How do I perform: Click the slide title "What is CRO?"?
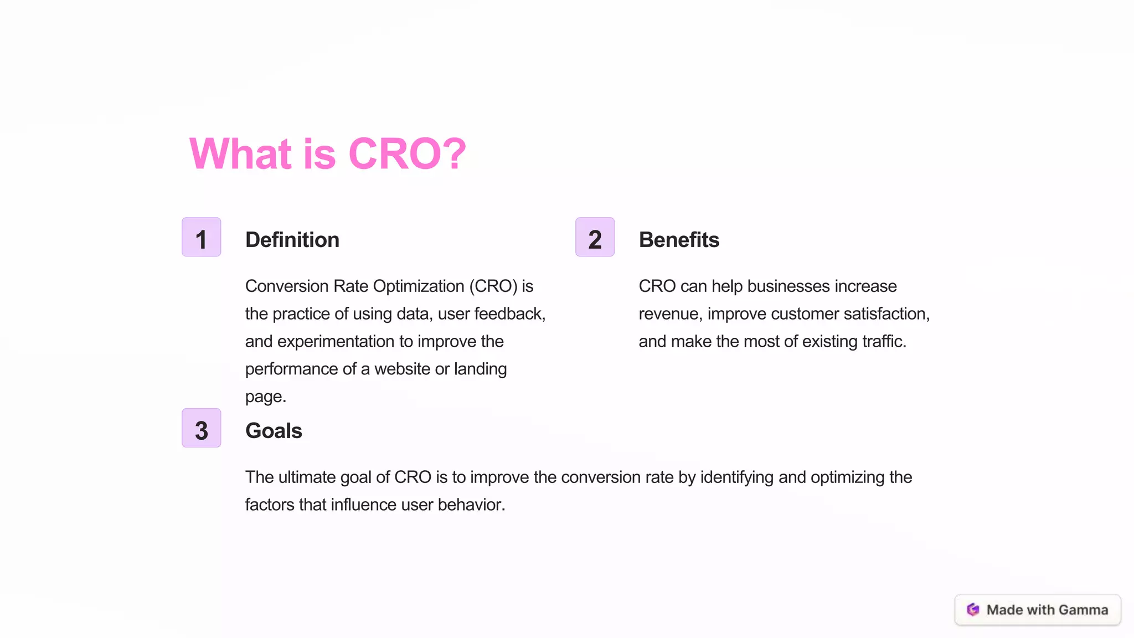[x=327, y=153]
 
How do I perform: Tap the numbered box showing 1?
[x=202, y=237]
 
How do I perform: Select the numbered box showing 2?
[x=595, y=237]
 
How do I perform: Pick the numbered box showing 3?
[x=202, y=428]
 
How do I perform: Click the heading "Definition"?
[x=292, y=240]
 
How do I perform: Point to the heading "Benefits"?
[x=678, y=240]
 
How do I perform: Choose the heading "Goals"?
[x=274, y=431]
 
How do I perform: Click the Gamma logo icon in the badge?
[x=973, y=610]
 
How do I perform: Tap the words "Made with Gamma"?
[x=1047, y=610]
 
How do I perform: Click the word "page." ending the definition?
[x=266, y=397]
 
